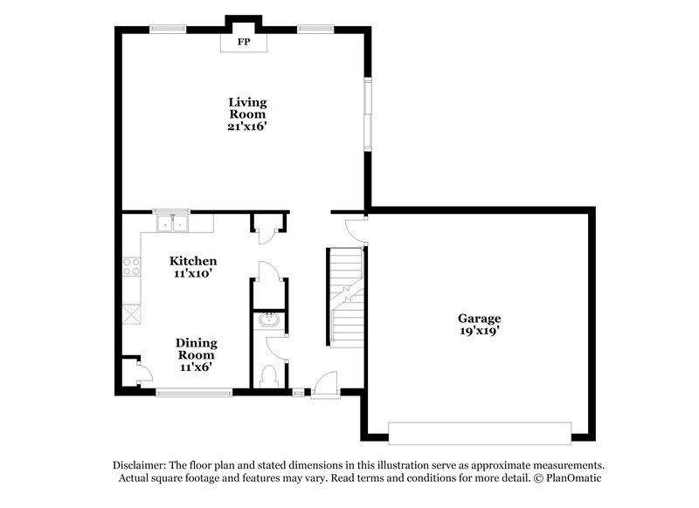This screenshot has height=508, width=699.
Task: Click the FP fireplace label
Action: [x=244, y=41]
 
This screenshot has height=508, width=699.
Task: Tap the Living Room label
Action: [x=247, y=108]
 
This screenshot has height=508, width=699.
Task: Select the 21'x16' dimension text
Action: [x=247, y=126]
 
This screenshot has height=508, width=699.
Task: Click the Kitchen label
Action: [x=193, y=261]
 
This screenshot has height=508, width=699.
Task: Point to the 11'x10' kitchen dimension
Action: [x=193, y=273]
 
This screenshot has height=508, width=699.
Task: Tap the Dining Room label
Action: [x=197, y=349]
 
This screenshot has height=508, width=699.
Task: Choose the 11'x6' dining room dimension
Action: [x=197, y=367]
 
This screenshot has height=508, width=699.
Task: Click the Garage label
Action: [x=480, y=319]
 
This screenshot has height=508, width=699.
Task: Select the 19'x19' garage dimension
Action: [x=480, y=331]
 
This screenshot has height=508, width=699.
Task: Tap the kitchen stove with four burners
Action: [x=132, y=266]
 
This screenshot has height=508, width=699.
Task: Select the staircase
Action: [x=345, y=297]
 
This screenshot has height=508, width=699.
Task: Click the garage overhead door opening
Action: [x=480, y=432]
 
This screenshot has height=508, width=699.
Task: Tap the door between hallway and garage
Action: [x=356, y=229]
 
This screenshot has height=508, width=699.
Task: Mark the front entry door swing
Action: [x=325, y=382]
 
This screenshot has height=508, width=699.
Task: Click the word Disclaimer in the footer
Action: [x=142, y=465]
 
